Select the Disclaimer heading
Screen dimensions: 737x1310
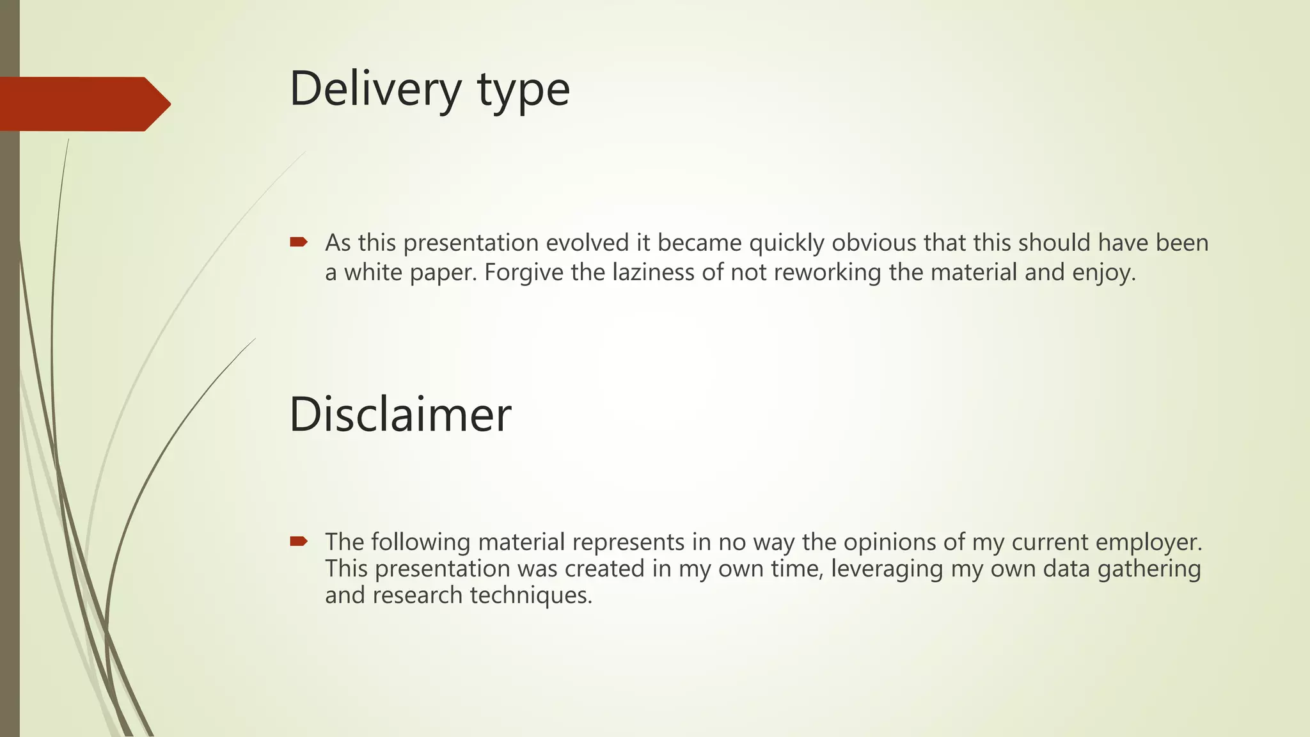(400, 415)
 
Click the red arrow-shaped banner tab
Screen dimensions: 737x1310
(83, 104)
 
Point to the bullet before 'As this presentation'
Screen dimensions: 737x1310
(299, 242)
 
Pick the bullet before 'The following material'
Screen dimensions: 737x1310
(299, 541)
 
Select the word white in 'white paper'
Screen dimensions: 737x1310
(372, 273)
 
